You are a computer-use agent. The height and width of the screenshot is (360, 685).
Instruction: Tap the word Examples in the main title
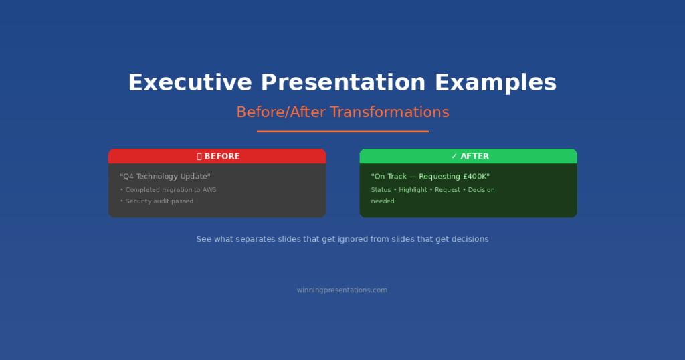pyautogui.click(x=495, y=83)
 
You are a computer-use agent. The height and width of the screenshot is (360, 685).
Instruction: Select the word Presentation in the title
pyautogui.click(x=343, y=83)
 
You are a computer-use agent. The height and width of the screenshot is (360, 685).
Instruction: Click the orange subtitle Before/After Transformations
pyautogui.click(x=342, y=112)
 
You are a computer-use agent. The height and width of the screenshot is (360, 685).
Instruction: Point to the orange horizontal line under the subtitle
pyautogui.click(x=342, y=131)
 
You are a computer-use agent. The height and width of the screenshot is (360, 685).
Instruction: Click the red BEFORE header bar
pyautogui.click(x=217, y=156)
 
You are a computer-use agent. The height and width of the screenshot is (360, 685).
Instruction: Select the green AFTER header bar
pyautogui.click(x=468, y=156)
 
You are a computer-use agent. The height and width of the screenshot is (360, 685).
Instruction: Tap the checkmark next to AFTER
pyautogui.click(x=454, y=156)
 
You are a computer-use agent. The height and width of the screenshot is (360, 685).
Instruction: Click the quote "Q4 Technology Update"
pyautogui.click(x=165, y=177)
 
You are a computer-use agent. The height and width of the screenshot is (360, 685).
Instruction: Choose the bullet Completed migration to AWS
pyautogui.click(x=169, y=190)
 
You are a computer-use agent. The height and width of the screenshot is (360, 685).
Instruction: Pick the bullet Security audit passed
pyautogui.click(x=157, y=201)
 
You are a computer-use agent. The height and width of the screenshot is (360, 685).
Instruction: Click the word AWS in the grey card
pyautogui.click(x=209, y=190)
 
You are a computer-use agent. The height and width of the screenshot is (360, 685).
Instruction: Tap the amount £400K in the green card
pyautogui.click(x=476, y=177)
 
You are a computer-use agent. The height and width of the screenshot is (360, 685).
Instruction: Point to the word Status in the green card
pyautogui.click(x=381, y=190)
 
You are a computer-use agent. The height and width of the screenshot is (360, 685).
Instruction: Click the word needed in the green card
pyautogui.click(x=383, y=201)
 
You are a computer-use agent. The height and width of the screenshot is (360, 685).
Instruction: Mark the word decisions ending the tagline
pyautogui.click(x=469, y=239)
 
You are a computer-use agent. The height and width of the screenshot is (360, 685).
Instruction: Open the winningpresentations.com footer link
pyautogui.click(x=342, y=290)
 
